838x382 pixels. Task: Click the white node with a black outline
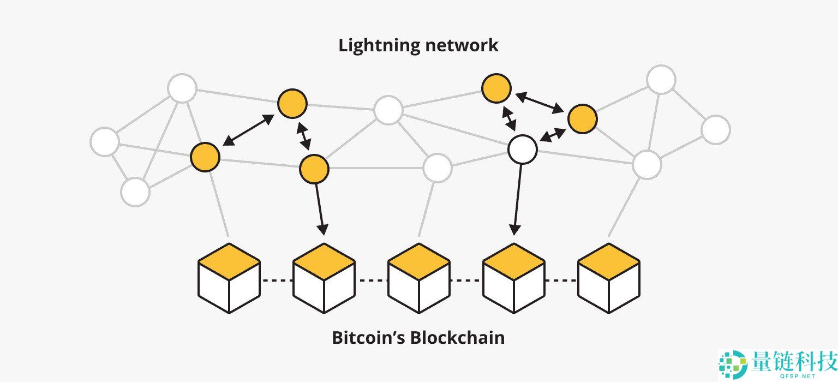pyautogui.click(x=523, y=150)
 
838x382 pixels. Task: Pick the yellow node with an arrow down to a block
pyautogui.click(x=314, y=169)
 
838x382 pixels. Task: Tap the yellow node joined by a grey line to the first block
pyautogui.click(x=205, y=157)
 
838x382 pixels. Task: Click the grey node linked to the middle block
pyautogui.click(x=437, y=168)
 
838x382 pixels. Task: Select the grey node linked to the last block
pyautogui.click(x=647, y=164)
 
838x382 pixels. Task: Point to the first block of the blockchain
pyautogui.click(x=229, y=278)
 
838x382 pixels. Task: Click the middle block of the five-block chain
pyautogui.click(x=418, y=278)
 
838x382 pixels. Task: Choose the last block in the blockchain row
pyautogui.click(x=608, y=278)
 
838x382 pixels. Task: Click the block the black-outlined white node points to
pyautogui.click(x=513, y=278)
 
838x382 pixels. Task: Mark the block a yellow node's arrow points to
pyautogui.click(x=324, y=278)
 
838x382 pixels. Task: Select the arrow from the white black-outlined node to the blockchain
pyautogui.click(x=517, y=199)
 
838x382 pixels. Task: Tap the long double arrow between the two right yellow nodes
pyautogui.click(x=540, y=103)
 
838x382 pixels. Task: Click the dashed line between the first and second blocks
pyautogui.click(x=277, y=280)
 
